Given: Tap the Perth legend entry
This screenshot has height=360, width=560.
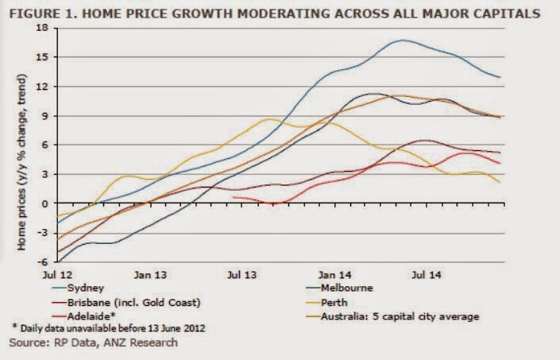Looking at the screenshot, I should (x=334, y=303).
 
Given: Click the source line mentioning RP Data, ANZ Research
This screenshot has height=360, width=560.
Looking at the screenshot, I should (x=94, y=343).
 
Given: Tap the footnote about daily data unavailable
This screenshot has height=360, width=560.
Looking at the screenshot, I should (x=106, y=329).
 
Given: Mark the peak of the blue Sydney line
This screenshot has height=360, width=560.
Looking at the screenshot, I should (x=403, y=40).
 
